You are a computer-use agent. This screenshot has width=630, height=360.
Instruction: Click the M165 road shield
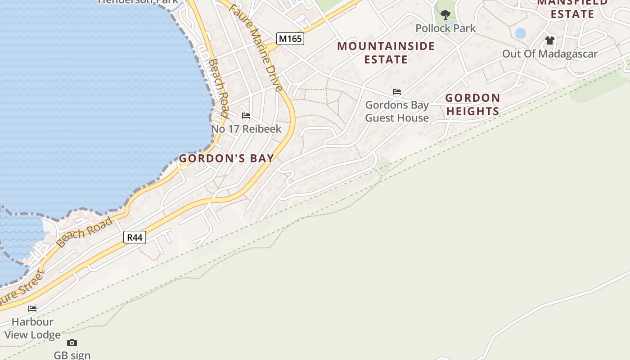point(290,39)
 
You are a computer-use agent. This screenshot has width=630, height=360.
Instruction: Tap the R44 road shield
point(135,237)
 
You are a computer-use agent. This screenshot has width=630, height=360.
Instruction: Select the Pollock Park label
point(445,28)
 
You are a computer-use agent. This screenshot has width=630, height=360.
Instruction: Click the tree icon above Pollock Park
point(445,15)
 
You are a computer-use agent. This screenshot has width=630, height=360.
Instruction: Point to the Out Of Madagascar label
point(549,54)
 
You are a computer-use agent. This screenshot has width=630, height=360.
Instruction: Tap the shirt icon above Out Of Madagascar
point(549,40)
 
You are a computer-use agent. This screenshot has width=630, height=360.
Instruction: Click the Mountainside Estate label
point(386,53)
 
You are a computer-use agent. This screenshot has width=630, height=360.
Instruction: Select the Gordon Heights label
point(472,104)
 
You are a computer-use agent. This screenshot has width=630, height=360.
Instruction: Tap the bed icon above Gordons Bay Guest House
point(396,92)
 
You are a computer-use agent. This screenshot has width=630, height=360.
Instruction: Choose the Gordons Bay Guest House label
point(396,112)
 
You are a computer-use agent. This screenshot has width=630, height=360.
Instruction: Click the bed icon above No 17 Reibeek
point(246,116)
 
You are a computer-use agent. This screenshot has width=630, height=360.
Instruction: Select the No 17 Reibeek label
point(246,129)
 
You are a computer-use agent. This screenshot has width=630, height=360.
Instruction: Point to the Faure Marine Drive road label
point(256,47)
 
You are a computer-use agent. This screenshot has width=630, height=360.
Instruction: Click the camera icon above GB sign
point(72,343)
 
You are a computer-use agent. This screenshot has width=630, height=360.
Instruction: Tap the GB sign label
point(72,355)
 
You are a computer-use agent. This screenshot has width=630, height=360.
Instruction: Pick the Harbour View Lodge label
point(32,328)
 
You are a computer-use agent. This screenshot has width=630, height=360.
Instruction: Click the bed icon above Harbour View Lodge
point(32,309)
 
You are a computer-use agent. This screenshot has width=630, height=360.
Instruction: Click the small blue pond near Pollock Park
point(520,33)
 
